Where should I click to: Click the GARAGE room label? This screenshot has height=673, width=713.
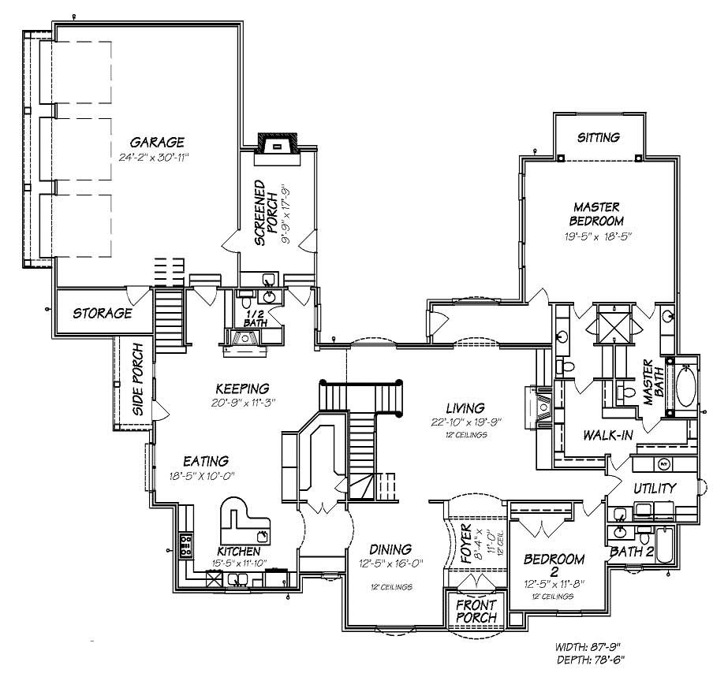tap(157, 142)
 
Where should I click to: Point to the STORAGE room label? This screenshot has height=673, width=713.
tap(103, 313)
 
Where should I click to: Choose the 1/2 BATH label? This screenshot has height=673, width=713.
tap(254, 318)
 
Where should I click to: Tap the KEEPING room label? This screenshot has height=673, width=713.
tap(243, 388)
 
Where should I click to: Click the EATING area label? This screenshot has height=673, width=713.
tap(206, 460)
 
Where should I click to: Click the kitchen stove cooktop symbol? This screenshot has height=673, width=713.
tap(187, 543)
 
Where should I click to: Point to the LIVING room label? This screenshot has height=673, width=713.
tap(465, 407)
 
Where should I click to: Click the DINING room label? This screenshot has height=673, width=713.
tap(390, 549)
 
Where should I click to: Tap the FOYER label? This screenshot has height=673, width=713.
tap(465, 544)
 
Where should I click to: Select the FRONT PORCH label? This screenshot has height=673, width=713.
tap(476, 612)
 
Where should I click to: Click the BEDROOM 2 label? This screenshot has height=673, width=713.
tap(554, 566)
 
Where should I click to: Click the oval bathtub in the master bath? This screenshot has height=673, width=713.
tap(683, 387)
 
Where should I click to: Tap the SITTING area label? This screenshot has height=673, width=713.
tap(598, 137)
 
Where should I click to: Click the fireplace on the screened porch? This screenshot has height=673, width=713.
tap(276, 146)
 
